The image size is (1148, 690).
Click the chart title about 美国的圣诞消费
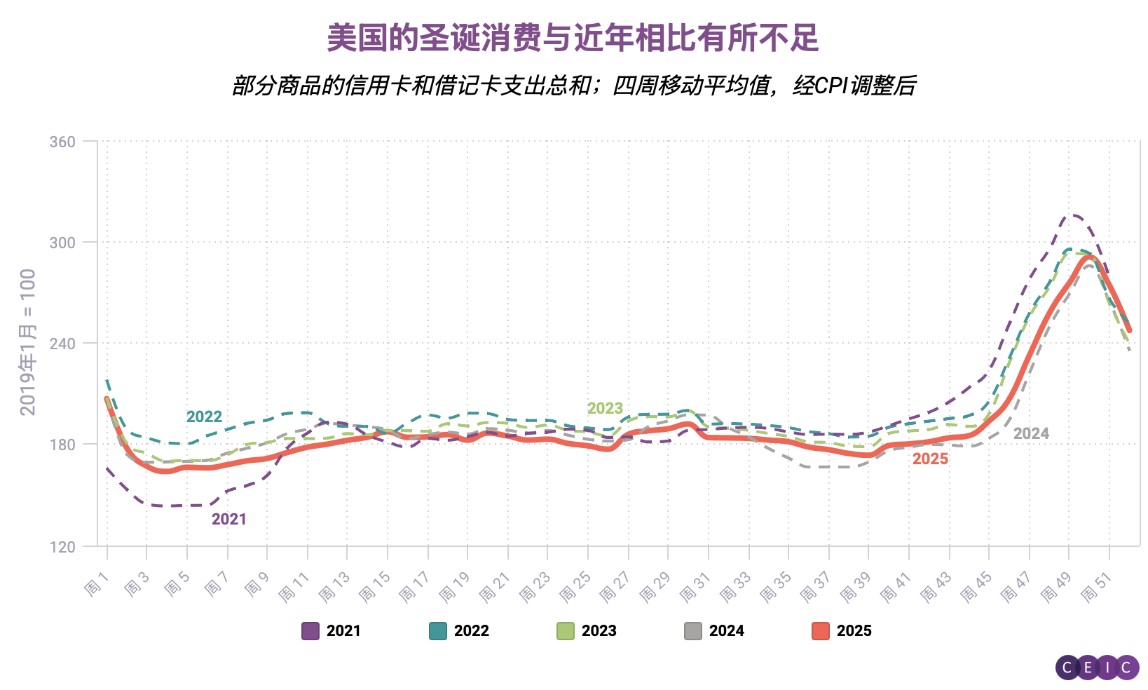(573, 38)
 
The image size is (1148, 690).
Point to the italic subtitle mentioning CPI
(573, 86)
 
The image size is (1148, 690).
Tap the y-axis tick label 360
(62, 142)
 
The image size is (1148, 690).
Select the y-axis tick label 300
(62, 243)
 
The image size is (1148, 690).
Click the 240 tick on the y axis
(62, 344)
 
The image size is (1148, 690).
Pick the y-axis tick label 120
(62, 547)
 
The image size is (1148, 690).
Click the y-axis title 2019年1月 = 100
(27, 342)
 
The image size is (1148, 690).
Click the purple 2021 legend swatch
(310, 630)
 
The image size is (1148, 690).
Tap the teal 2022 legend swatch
(438, 630)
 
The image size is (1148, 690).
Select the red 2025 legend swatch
(821, 630)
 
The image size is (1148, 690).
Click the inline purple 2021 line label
(229, 519)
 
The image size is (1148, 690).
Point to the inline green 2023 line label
(605, 408)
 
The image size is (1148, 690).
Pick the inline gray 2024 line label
(1031, 433)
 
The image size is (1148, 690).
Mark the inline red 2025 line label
(930, 459)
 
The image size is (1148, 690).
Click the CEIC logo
(1097, 668)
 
